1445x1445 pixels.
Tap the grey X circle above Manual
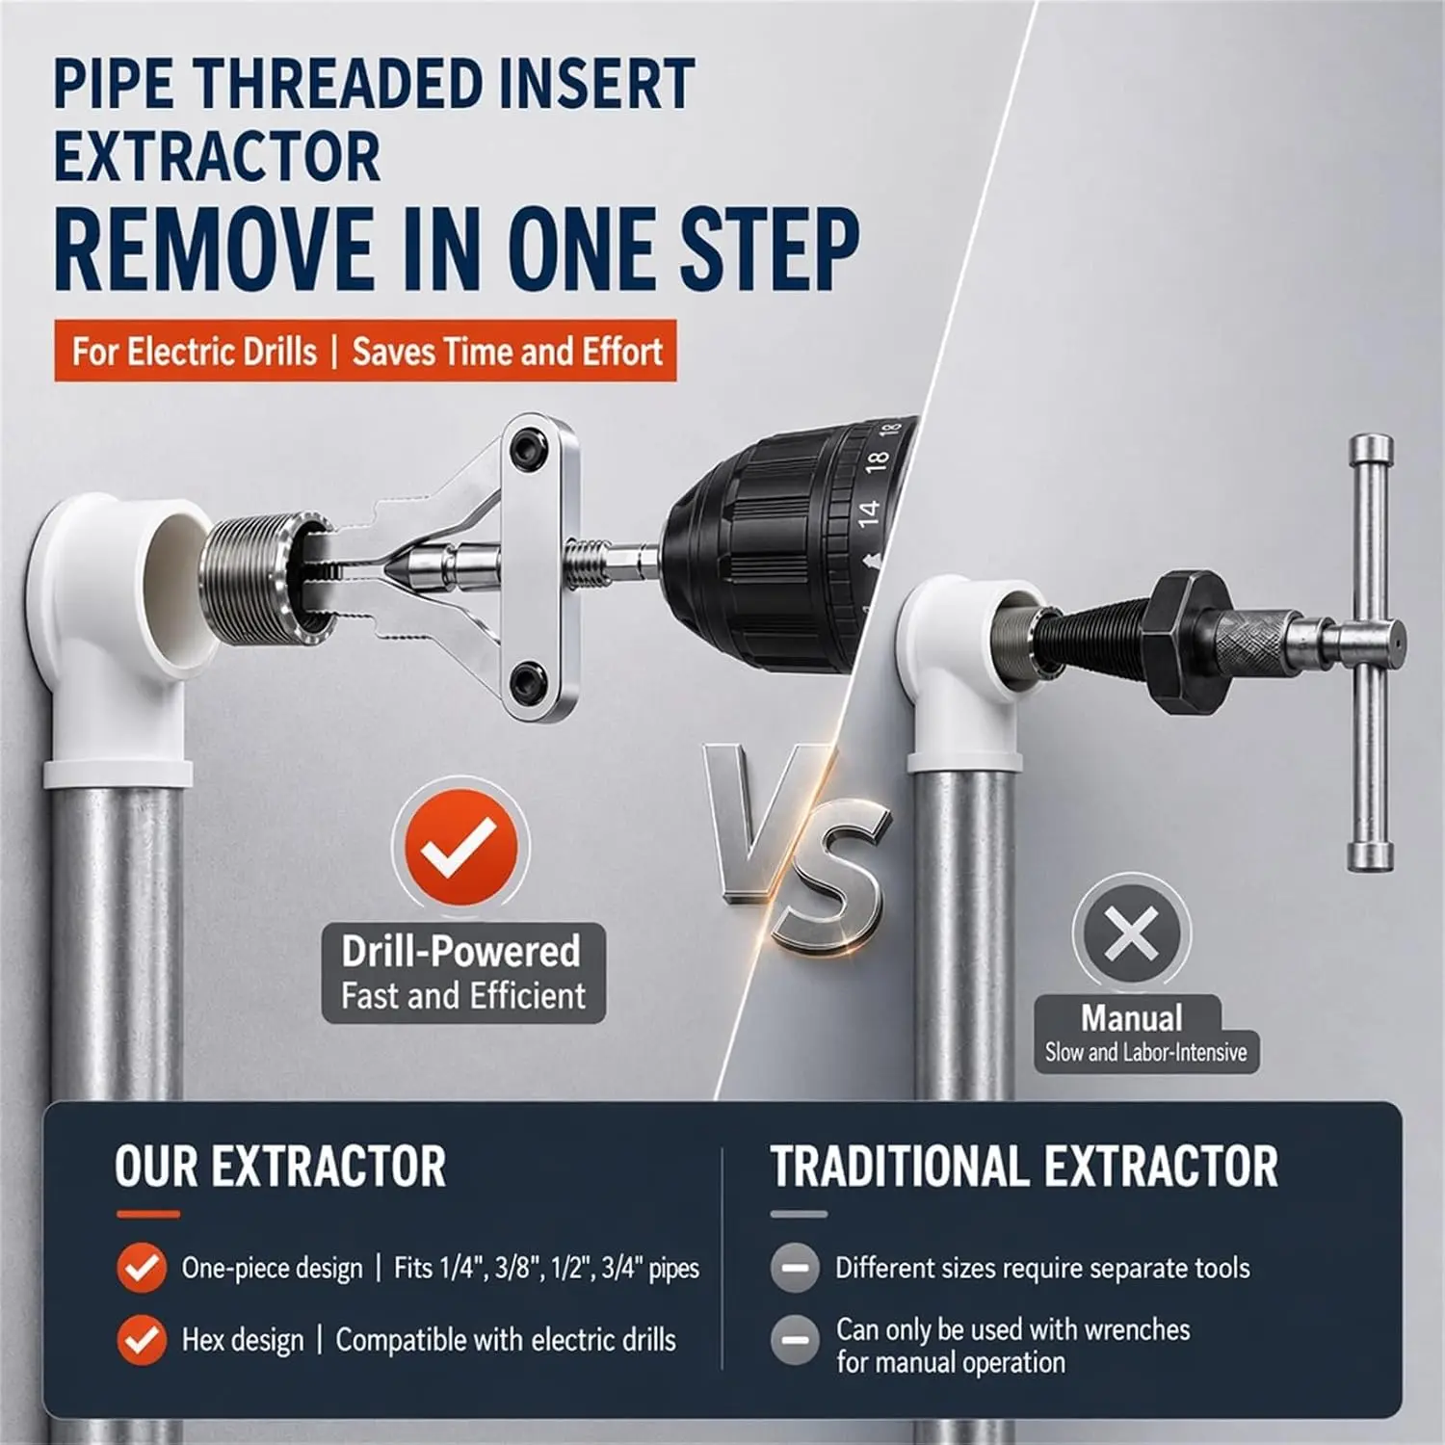click(1132, 933)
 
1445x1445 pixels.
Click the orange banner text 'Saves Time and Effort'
click(508, 352)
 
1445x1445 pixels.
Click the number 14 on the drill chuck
click(868, 511)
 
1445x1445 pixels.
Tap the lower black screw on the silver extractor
click(527, 680)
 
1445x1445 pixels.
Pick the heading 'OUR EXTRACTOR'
click(280, 1167)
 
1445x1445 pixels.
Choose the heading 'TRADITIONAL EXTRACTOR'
click(1024, 1167)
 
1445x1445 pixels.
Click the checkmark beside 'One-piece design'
click(142, 1268)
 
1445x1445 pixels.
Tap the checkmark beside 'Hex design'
click(142, 1340)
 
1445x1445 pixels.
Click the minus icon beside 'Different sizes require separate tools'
click(795, 1268)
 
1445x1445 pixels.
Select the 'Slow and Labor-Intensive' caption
click(1146, 1052)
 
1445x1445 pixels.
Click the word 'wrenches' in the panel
click(1137, 1330)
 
